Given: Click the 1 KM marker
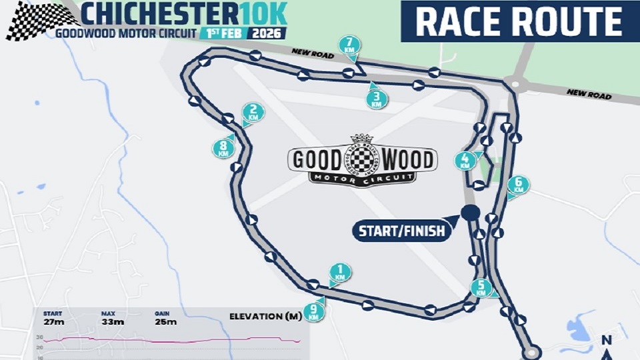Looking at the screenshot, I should tap(340, 273).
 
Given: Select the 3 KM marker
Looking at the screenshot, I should tap(377, 100).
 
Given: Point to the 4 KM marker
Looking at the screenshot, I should tap(465, 161).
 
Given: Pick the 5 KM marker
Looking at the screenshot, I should tap(480, 288).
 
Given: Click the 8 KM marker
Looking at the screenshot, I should tap(223, 147).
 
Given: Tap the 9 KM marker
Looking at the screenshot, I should tap(314, 311).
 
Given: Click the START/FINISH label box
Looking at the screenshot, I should tap(401, 231).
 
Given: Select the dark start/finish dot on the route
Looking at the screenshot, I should tap(471, 213).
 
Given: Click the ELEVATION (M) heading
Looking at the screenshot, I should tap(265, 316).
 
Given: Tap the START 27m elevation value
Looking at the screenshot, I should tap(55, 322).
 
